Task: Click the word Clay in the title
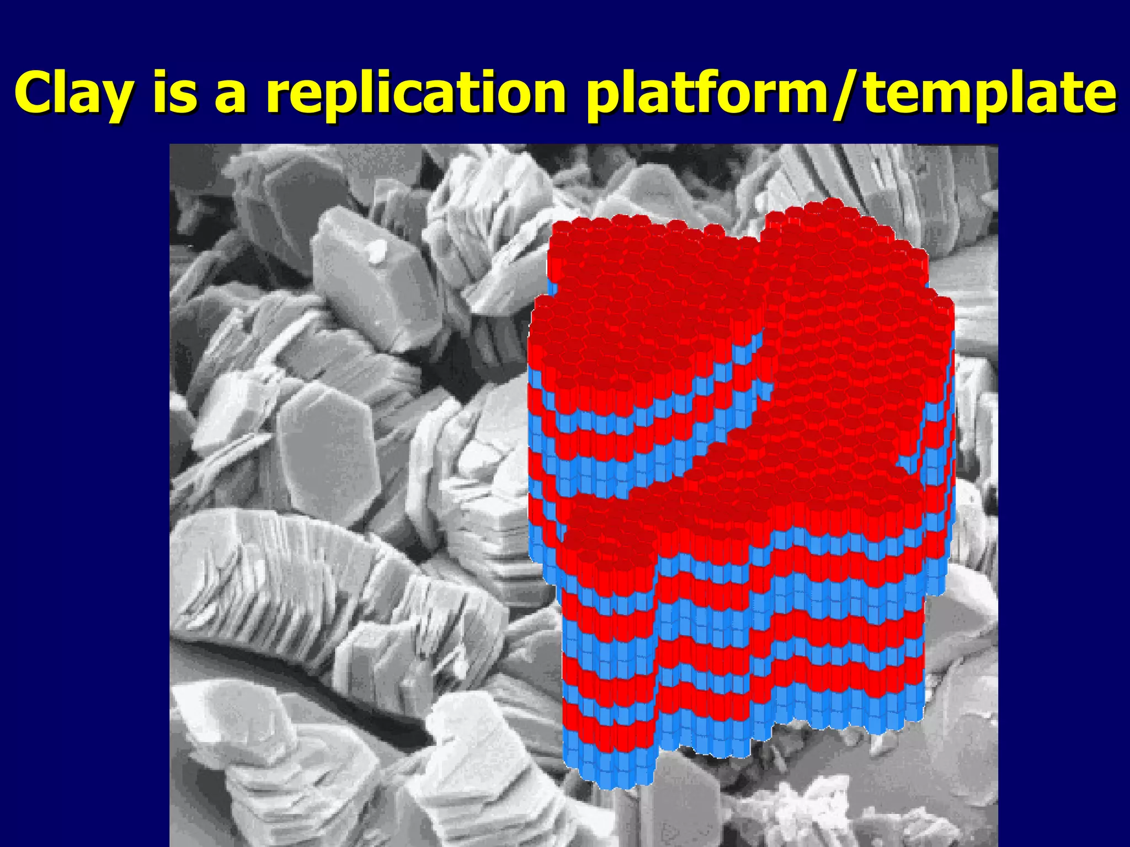[x=72, y=92]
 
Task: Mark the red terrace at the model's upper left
[x=635, y=265]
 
